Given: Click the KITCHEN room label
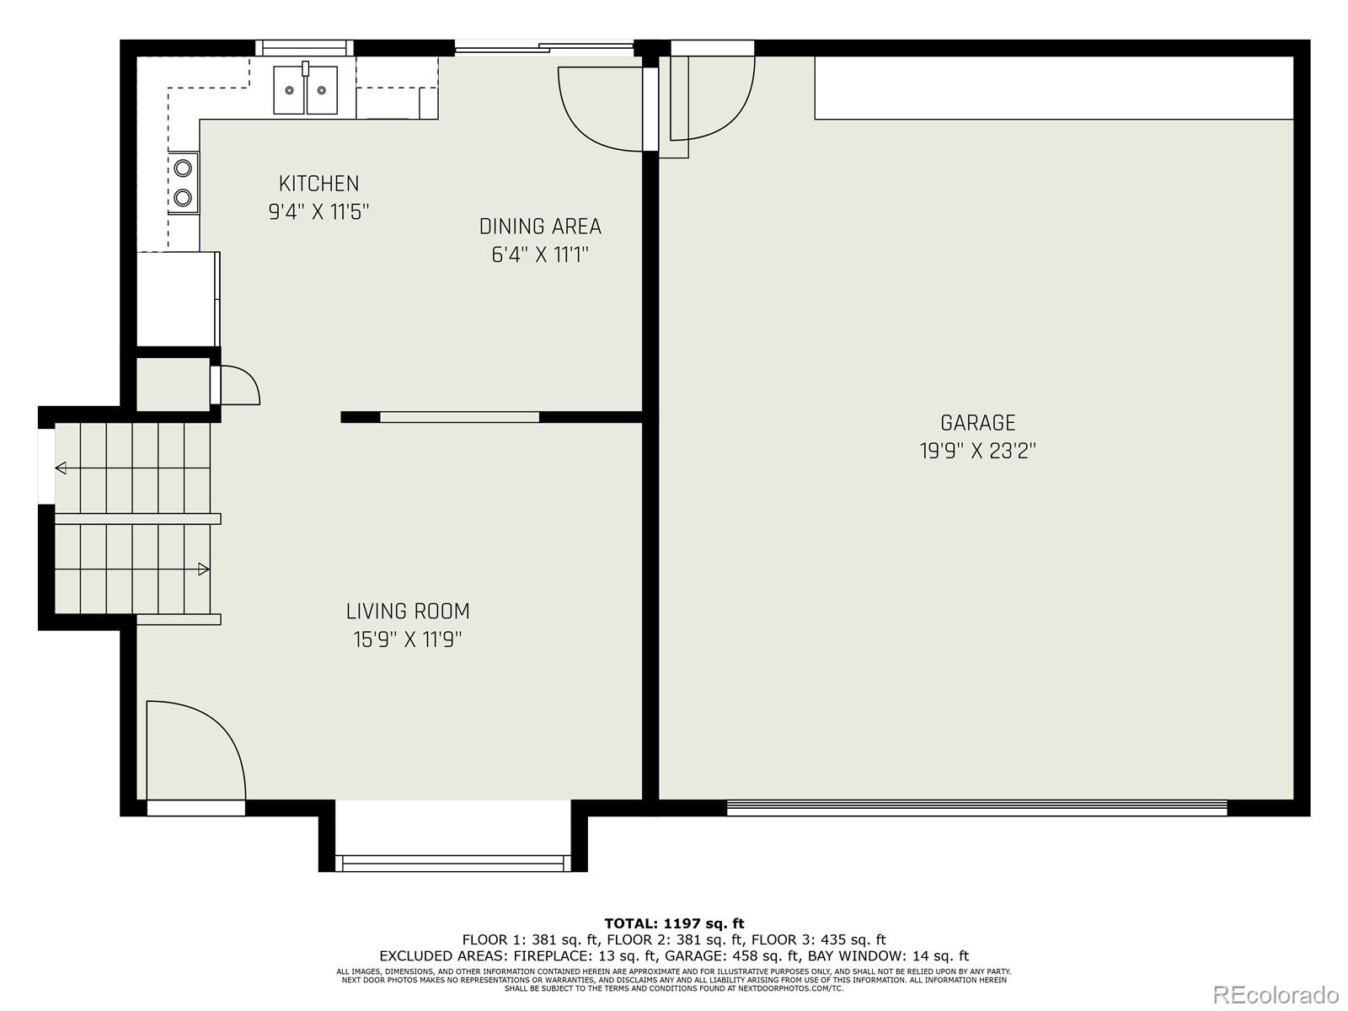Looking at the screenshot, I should click(318, 184).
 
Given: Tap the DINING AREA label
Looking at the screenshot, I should click(540, 227).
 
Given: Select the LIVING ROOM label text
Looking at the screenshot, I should click(408, 612).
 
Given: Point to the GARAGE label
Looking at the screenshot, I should click(977, 423).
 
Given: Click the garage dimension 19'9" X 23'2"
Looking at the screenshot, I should click(977, 452).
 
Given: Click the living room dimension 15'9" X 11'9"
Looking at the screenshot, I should click(408, 640).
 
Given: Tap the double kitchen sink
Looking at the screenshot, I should click(305, 90).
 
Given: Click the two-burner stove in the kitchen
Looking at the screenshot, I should click(183, 183).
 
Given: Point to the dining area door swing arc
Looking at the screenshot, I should click(598, 110).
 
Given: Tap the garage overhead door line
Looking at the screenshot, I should click(977, 808).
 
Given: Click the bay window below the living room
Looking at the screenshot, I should click(452, 863).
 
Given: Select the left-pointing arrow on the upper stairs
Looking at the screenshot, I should click(61, 468).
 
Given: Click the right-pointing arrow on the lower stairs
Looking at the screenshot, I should click(203, 570).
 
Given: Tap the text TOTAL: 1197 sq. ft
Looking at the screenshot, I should click(674, 923).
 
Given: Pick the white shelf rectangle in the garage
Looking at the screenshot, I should click(1053, 88).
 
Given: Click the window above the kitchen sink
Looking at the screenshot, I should click(304, 48).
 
